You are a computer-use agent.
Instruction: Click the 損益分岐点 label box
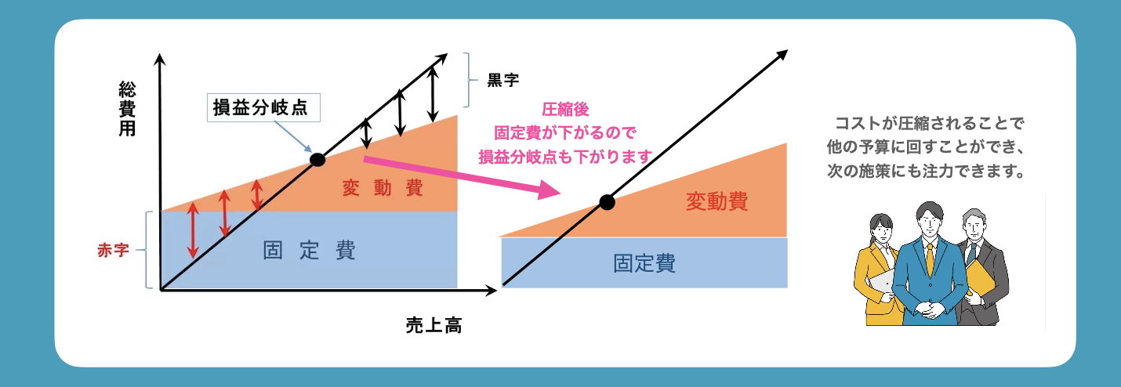(265, 108)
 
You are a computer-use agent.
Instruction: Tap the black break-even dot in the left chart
(317, 159)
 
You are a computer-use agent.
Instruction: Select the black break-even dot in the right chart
(606, 202)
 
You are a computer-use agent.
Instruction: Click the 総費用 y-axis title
(126, 108)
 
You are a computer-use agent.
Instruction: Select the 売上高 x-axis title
(433, 324)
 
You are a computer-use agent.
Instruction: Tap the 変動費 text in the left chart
(383, 188)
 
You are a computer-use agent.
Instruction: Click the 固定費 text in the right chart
(644, 263)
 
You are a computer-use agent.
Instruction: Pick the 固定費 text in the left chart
(309, 251)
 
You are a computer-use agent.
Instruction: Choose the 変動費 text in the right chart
(716, 202)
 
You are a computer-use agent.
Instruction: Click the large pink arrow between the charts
(463, 175)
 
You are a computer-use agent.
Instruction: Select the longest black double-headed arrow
(432, 89)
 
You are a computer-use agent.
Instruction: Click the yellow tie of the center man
(930, 259)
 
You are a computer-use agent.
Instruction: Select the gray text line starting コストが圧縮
(930, 123)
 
